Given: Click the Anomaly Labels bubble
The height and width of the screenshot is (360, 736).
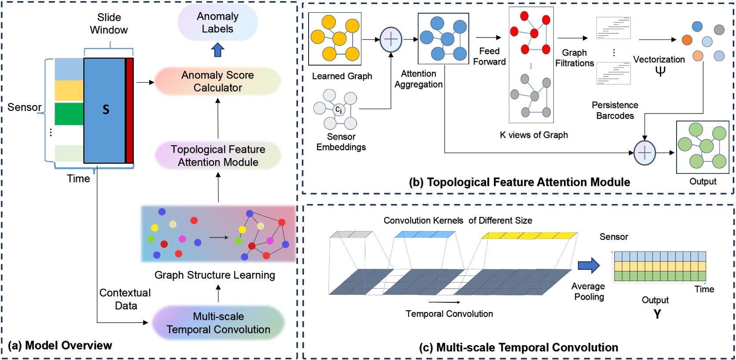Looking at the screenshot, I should [217, 23].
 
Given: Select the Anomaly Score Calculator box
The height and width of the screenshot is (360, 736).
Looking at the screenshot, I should [217, 81].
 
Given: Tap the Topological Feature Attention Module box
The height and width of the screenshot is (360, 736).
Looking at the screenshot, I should [218, 156].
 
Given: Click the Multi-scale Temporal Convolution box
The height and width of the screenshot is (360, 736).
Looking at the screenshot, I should [218, 323].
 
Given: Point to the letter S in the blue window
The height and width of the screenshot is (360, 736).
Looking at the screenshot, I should [106, 110].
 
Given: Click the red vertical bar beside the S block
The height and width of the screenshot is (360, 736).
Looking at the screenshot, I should [129, 110].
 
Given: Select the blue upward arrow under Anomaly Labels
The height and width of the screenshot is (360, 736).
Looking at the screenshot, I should [217, 50].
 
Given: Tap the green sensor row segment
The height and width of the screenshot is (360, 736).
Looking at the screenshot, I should [69, 114].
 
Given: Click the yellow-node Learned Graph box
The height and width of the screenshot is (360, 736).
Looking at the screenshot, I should [335, 39].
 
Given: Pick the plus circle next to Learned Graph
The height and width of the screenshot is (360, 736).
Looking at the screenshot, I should [390, 40].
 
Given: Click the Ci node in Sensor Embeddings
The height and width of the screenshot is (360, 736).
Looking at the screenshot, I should [339, 110].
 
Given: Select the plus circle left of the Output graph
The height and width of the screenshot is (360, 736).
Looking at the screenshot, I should [644, 153].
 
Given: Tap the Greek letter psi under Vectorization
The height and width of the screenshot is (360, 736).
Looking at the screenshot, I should [660, 71].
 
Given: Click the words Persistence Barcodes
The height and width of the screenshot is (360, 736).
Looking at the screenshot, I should [615, 110].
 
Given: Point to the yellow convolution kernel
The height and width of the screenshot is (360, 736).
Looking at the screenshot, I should [529, 236].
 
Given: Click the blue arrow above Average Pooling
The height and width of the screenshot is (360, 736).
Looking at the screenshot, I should [589, 265].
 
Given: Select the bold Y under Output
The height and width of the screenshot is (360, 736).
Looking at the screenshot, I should [657, 314].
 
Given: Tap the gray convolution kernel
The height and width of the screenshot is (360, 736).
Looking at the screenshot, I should [351, 235].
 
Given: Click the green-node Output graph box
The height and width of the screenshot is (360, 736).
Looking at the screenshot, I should [703, 147].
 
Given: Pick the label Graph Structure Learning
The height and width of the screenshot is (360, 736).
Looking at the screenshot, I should [214, 275].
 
